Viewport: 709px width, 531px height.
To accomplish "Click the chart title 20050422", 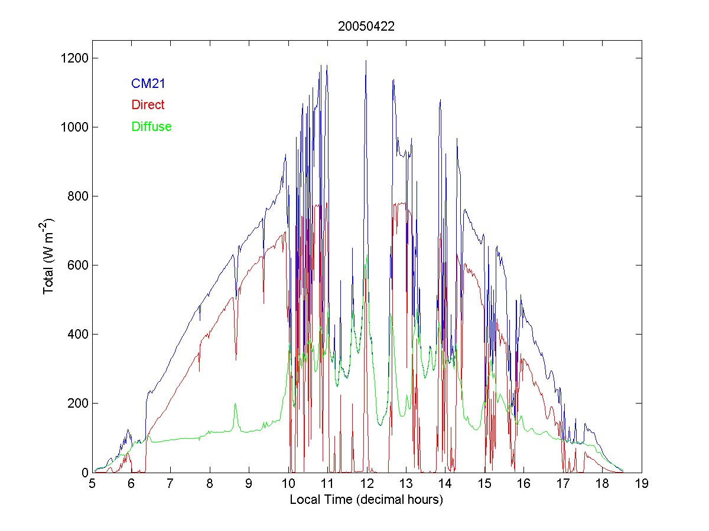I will (366, 27).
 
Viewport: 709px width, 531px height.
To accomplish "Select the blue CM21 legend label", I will (148, 84).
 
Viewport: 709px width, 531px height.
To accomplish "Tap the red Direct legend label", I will (148, 105).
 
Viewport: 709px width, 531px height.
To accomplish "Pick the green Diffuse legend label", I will (151, 126).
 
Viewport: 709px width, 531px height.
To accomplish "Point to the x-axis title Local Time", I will (366, 500).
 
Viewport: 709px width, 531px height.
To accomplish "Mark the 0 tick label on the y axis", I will (84, 473).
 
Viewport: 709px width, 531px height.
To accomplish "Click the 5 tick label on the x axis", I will (92, 484).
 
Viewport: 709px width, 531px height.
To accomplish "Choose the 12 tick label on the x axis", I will (366, 484).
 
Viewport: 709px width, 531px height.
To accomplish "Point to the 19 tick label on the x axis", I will (641, 484).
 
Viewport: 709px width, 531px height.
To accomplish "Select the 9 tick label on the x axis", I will (249, 484).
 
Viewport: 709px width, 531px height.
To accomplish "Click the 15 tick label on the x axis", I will (484, 484).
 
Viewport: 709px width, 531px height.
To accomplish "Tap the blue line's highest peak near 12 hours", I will (366, 61).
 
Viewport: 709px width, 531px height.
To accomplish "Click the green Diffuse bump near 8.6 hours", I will (235, 404).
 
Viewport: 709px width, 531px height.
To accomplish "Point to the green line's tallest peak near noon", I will (367, 255).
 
